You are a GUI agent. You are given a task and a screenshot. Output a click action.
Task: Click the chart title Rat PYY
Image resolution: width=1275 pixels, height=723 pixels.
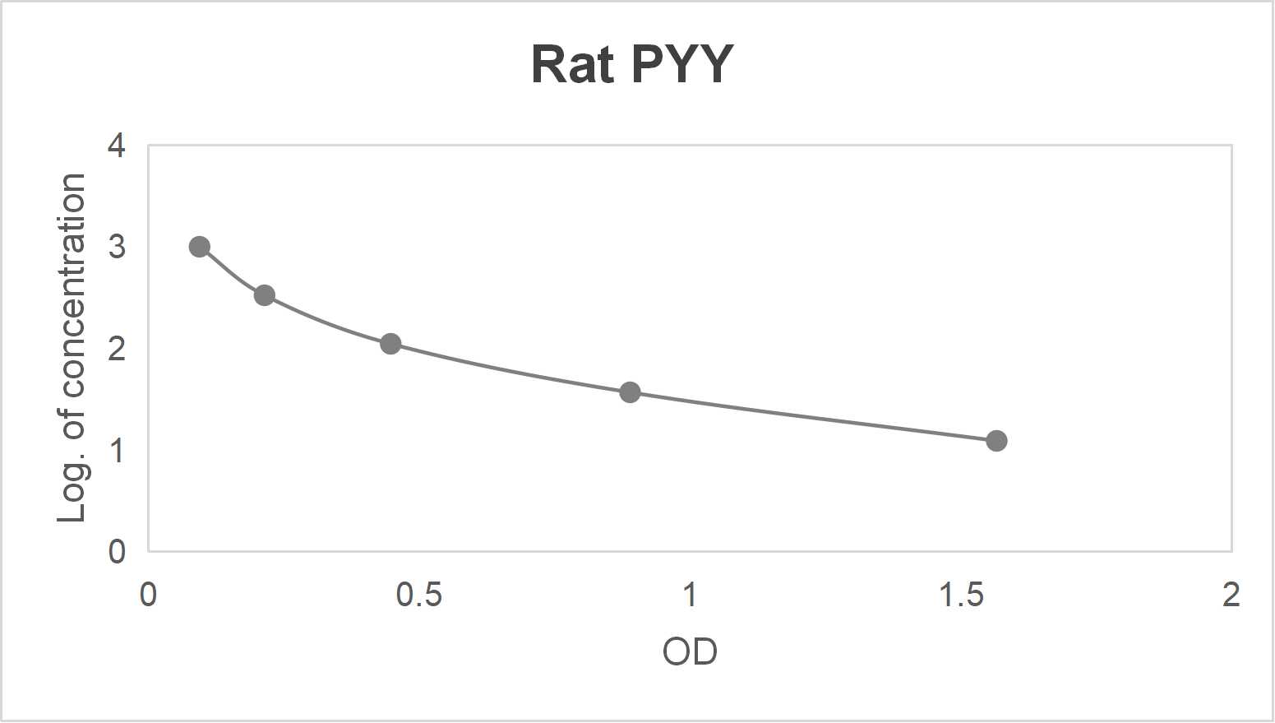[631, 64]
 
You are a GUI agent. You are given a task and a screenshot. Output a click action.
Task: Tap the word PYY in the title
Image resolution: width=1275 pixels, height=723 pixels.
[681, 64]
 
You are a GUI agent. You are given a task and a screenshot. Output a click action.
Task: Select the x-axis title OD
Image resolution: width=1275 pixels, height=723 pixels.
[690, 652]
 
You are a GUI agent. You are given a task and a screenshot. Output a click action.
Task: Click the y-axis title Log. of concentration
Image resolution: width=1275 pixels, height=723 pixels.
[72, 348]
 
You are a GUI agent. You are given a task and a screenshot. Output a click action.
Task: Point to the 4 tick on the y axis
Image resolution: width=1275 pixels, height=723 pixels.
[117, 146]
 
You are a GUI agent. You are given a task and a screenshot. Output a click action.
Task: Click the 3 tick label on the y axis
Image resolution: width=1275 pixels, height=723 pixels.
[117, 247]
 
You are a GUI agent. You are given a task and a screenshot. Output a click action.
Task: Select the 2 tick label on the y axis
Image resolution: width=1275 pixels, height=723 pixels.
[117, 349]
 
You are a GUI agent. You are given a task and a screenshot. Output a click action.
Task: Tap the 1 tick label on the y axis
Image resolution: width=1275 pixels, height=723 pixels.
[117, 450]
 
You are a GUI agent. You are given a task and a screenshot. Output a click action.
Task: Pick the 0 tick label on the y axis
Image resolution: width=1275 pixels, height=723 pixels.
[117, 551]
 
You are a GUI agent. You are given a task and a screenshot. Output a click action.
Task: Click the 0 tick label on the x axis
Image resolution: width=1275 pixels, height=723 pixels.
[148, 595]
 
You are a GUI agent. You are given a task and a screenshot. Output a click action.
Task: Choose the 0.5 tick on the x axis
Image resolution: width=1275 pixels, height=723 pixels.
[418, 595]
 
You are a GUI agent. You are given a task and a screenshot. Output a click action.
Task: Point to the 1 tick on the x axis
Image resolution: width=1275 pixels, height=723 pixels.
[690, 595]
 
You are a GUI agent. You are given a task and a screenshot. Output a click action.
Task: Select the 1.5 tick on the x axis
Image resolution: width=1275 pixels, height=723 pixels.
[960, 595]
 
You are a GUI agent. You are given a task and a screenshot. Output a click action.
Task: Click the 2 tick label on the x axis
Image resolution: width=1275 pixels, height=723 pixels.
[1231, 595]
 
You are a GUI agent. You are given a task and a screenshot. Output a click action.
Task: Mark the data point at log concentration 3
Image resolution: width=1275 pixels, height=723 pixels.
[199, 247]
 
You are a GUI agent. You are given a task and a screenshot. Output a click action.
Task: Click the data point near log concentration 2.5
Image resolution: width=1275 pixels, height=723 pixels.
[264, 295]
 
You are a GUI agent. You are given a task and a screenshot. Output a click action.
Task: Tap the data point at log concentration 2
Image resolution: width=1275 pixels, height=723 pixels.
[390, 344]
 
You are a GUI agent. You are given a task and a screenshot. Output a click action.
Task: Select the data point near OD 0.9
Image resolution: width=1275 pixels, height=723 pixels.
[630, 392]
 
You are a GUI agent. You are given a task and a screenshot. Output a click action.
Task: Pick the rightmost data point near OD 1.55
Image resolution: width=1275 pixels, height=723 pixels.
[996, 441]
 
